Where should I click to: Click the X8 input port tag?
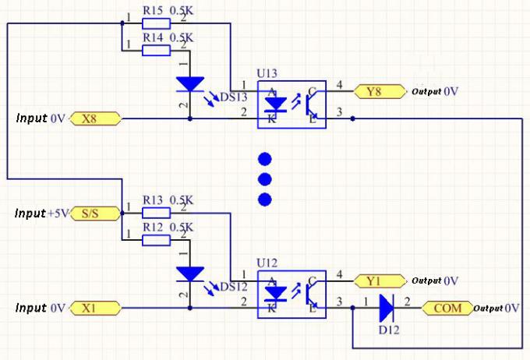pyautogui.click(x=96, y=118)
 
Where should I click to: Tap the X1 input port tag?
pyautogui.click(x=96, y=309)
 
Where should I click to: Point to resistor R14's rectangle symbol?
pyautogui.click(x=156, y=51)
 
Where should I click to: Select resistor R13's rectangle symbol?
pyautogui.click(x=156, y=213)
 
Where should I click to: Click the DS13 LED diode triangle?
pyautogui.click(x=189, y=83)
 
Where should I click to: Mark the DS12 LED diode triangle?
pyautogui.click(x=189, y=274)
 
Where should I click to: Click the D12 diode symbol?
pyautogui.click(x=386, y=309)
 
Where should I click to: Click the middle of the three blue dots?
pyautogui.click(x=265, y=179)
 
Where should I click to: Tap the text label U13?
pyautogui.click(x=267, y=72)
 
